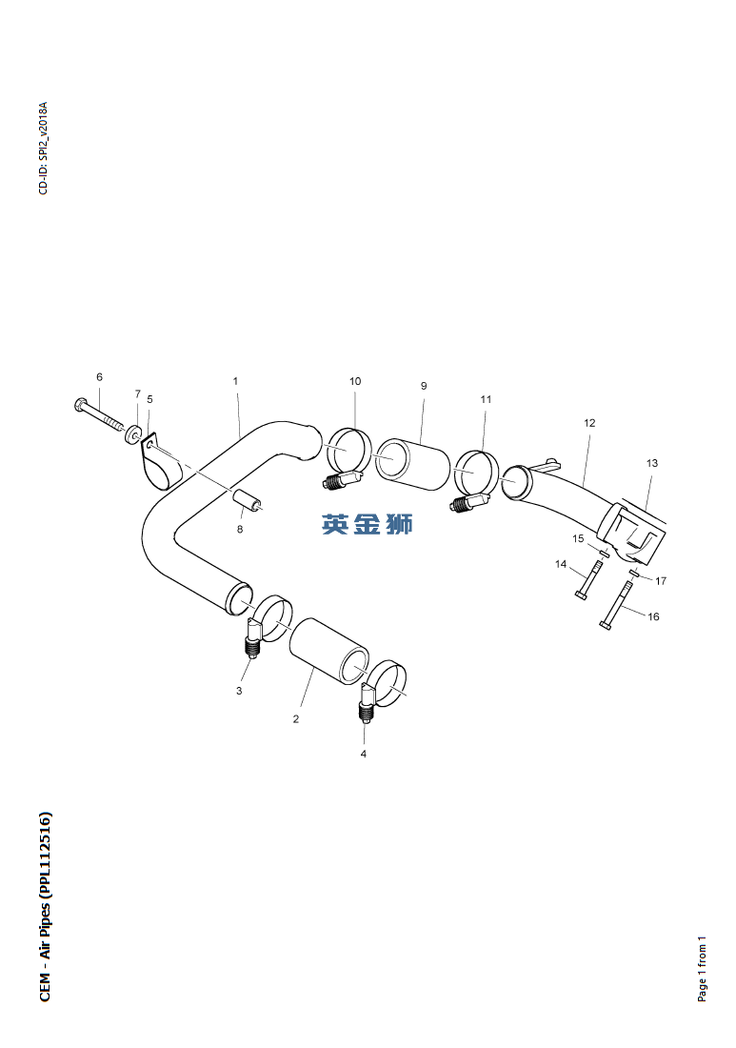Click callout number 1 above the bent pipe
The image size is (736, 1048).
coord(235,381)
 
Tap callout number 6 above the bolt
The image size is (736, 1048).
coord(100,377)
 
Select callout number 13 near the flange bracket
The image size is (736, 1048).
coord(652,462)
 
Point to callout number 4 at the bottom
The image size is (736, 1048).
coord(364,754)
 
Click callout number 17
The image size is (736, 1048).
coord(661,581)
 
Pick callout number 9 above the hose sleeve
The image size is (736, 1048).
coord(424,386)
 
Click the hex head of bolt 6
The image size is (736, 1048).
coord(80,404)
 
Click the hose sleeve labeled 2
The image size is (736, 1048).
coord(328,652)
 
